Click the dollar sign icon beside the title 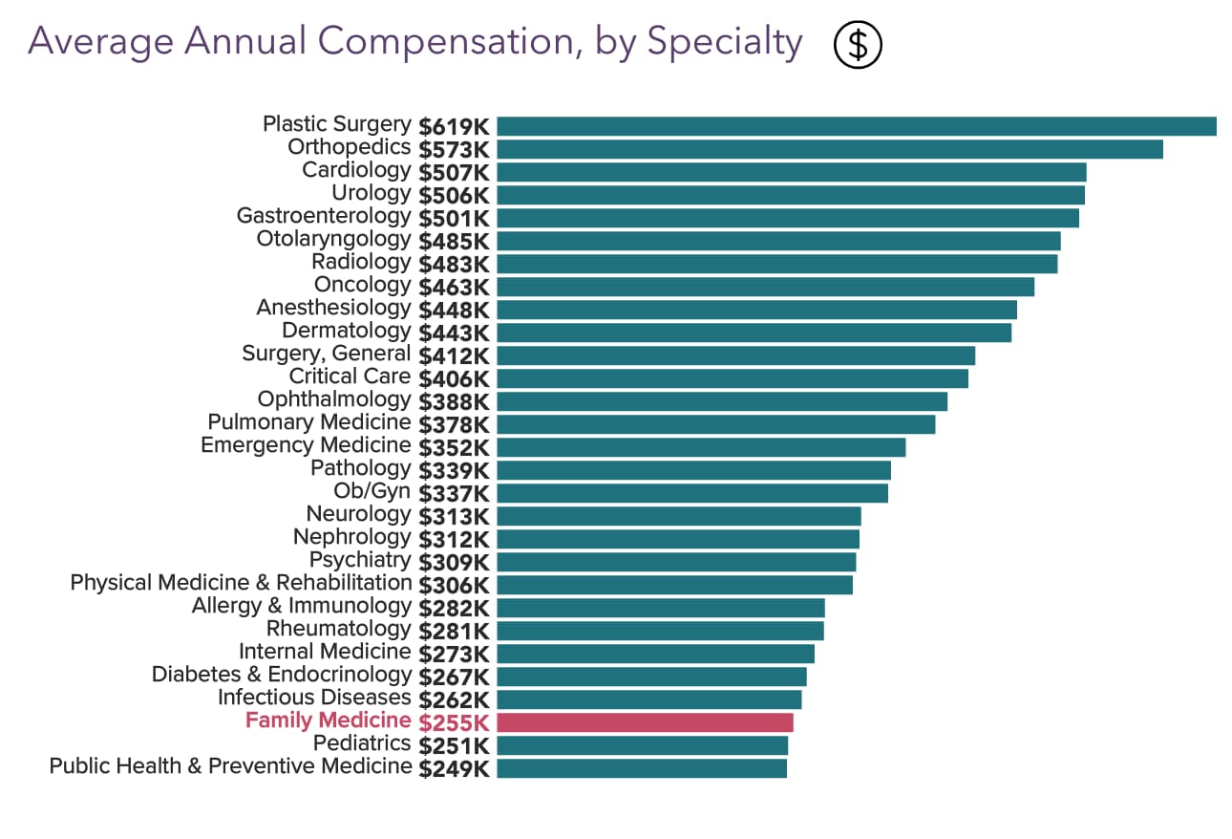pyautogui.click(x=858, y=44)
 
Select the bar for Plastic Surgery pyautogui.click(x=856, y=126)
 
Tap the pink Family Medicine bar pyautogui.click(x=645, y=722)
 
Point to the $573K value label pyautogui.click(x=455, y=149)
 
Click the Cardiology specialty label pyautogui.click(x=356, y=171)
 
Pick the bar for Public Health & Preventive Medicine pyautogui.click(x=642, y=768)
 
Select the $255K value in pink pyautogui.click(x=455, y=722)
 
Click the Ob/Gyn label pyautogui.click(x=372, y=492)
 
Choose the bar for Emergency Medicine pyautogui.click(x=701, y=447)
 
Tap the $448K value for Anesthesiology pyautogui.click(x=455, y=310)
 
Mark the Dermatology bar pyautogui.click(x=754, y=333)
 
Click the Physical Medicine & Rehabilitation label pyautogui.click(x=241, y=583)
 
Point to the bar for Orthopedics pyautogui.click(x=829, y=149)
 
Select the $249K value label pyautogui.click(x=455, y=768)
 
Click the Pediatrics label pyautogui.click(x=362, y=743)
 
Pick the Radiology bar pyautogui.click(x=776, y=264)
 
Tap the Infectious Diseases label pyautogui.click(x=314, y=698)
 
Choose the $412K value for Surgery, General pyautogui.click(x=455, y=355)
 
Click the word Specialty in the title pyautogui.click(x=725, y=42)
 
